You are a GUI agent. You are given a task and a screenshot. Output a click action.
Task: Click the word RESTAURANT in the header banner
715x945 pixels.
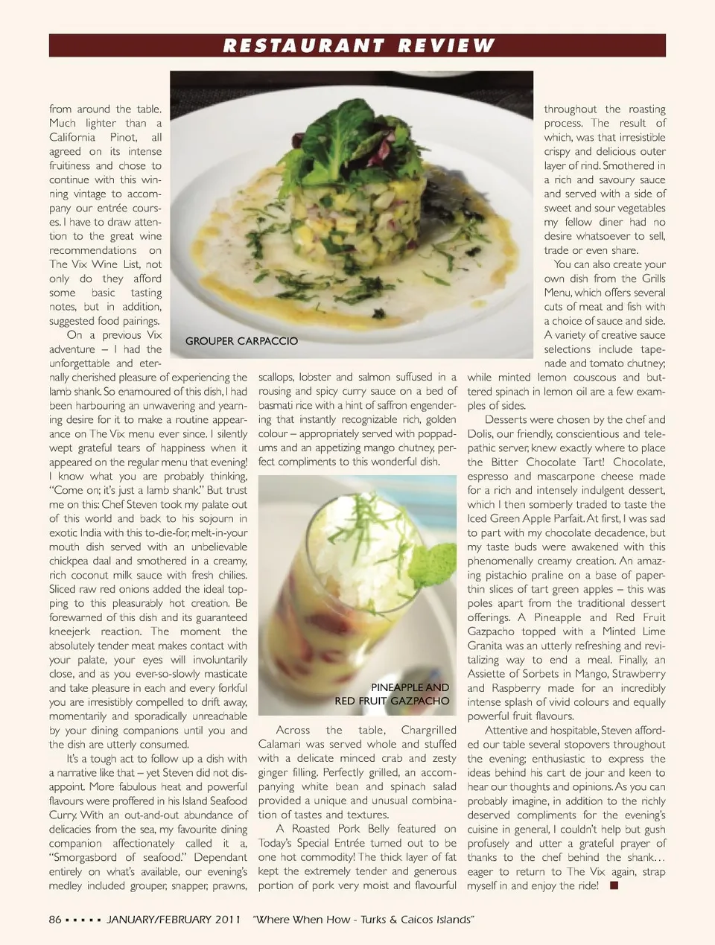[303, 46]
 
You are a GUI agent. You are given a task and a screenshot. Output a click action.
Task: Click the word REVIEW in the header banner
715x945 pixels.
[445, 46]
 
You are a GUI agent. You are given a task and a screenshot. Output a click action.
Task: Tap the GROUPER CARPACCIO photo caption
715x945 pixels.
[241, 341]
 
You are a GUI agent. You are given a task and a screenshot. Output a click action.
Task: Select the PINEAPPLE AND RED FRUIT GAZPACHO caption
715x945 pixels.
[393, 694]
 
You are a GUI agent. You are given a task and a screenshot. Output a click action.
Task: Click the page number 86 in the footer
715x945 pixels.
[55, 920]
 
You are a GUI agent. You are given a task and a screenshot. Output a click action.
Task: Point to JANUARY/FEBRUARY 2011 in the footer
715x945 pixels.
[173, 920]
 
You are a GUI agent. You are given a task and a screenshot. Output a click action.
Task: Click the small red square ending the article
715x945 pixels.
[614, 885]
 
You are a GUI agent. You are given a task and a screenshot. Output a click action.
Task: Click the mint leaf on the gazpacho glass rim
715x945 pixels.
[440, 556]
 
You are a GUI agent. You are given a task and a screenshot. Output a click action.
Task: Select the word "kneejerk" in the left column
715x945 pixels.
[70, 631]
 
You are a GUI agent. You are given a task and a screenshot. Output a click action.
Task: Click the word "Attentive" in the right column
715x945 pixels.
[509, 731]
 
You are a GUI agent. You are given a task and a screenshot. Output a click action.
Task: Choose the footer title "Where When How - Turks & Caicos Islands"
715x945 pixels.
[363, 920]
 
